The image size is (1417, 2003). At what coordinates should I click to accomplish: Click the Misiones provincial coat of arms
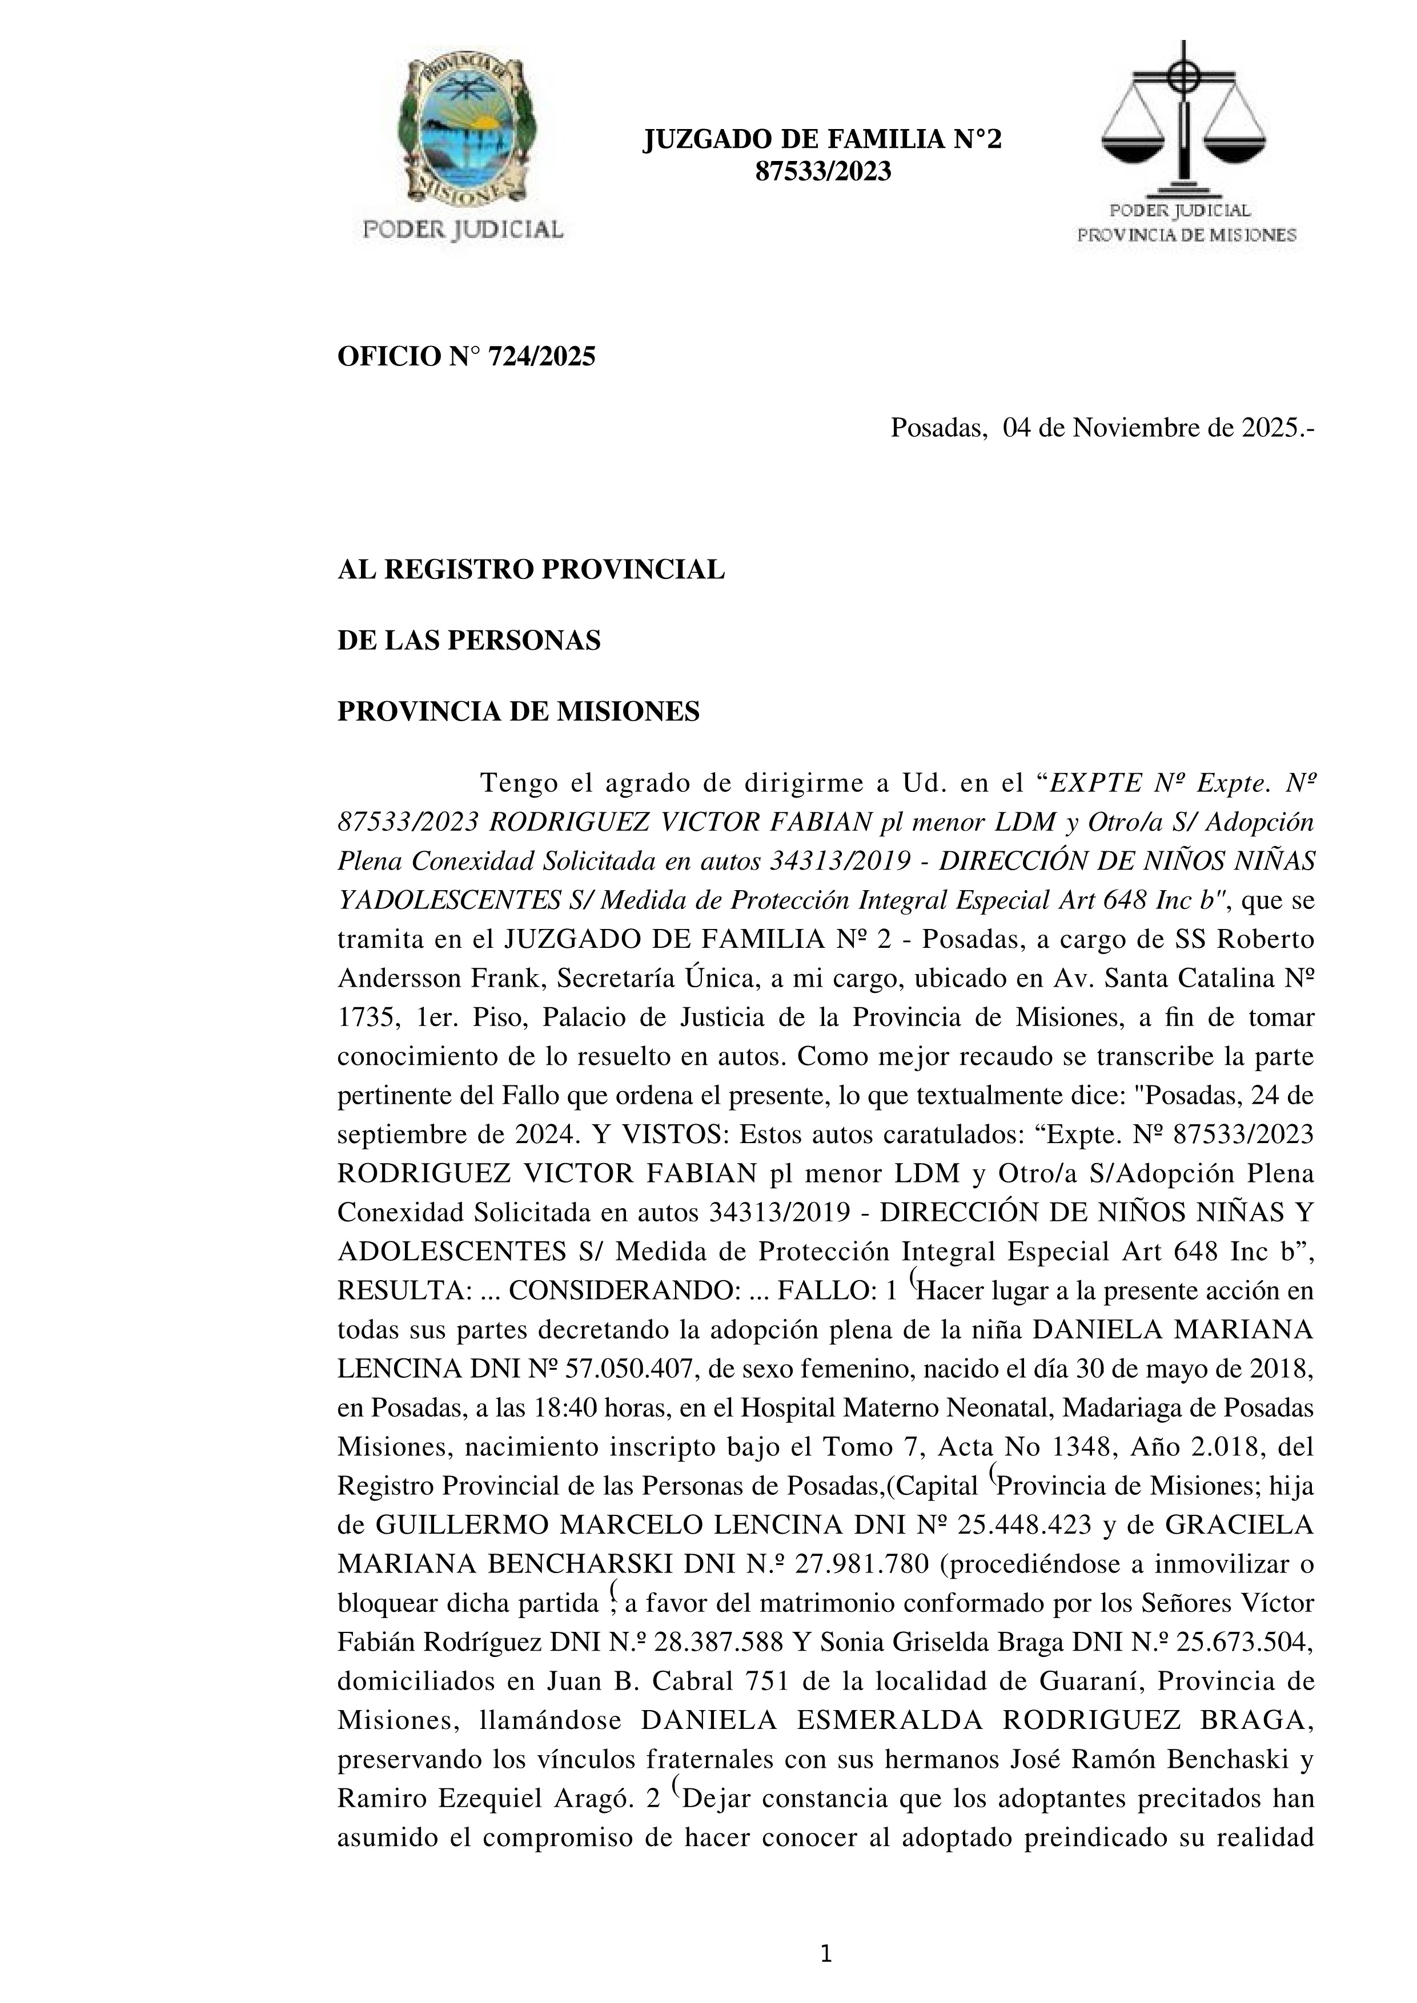click(x=463, y=131)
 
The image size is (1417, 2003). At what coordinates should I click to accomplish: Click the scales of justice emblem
click(x=1183, y=122)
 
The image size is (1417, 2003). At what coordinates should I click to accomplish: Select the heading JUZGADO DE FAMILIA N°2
click(x=822, y=139)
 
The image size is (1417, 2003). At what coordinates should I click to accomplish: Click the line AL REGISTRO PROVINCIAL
click(x=531, y=570)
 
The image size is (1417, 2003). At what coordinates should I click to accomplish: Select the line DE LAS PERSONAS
click(x=468, y=641)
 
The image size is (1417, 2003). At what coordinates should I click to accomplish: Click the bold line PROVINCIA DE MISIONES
click(x=518, y=712)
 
